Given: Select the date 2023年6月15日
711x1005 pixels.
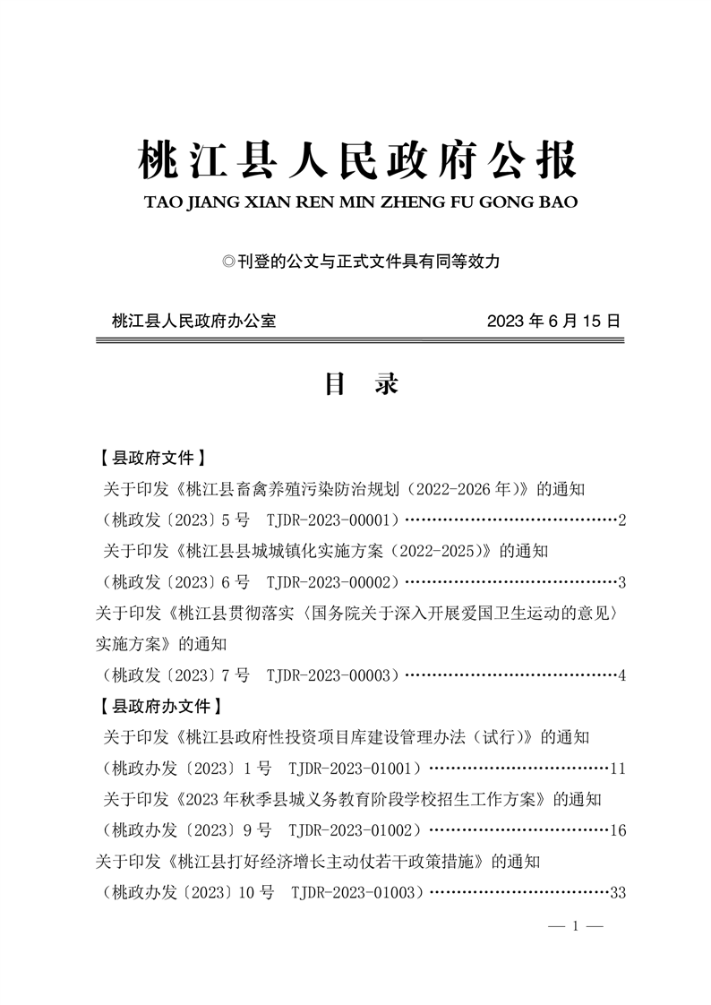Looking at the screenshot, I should tap(553, 320).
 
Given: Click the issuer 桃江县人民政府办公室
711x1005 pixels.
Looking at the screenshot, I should tap(193, 320).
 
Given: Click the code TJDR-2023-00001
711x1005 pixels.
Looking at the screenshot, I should tap(331, 520).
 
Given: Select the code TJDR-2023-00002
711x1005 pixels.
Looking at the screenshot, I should tap(331, 582).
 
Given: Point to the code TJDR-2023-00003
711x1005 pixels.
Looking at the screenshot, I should tap(331, 674).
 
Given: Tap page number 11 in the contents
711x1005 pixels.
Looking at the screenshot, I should tap(617, 768).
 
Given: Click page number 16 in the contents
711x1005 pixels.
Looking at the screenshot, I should tap(617, 830).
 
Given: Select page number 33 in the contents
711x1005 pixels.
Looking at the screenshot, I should tap(617, 892).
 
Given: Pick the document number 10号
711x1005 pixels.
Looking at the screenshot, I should tap(255, 892).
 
